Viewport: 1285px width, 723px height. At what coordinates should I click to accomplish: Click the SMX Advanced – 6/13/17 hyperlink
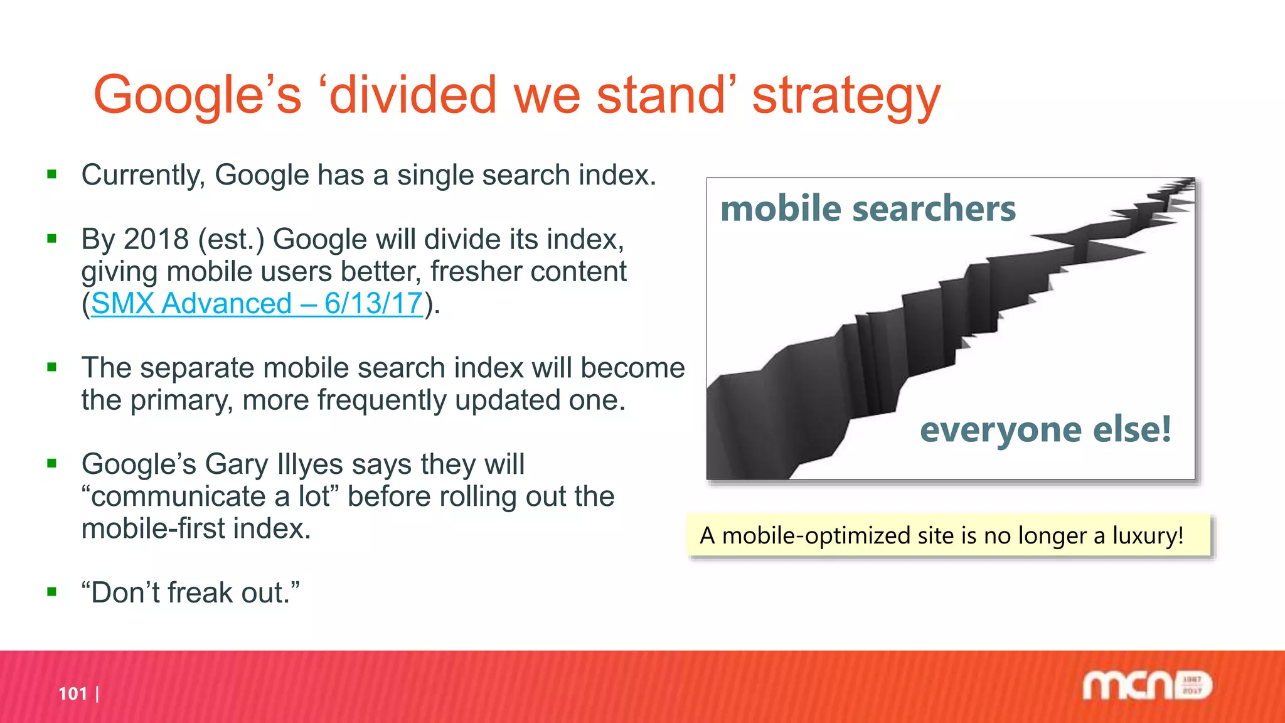tap(257, 304)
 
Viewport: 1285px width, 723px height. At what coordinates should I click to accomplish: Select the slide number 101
tap(73, 694)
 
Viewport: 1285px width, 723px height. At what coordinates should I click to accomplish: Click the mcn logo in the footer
tap(1146, 685)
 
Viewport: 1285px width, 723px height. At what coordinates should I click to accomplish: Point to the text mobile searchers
tap(868, 208)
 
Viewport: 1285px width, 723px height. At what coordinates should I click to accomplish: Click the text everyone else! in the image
tap(1045, 430)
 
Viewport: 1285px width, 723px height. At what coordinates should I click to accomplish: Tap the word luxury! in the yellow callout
tap(1148, 535)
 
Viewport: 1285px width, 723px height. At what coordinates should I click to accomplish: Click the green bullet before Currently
tap(52, 174)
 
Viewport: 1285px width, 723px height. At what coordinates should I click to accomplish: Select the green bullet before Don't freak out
tap(52, 592)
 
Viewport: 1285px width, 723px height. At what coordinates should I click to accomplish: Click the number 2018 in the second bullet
tap(156, 240)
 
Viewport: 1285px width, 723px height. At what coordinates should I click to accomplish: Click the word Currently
tap(143, 175)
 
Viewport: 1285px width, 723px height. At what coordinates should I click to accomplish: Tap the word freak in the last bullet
tap(200, 593)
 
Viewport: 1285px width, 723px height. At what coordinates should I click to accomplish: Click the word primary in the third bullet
tap(181, 400)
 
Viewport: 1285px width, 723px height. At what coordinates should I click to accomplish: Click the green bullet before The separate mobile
tap(52, 367)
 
